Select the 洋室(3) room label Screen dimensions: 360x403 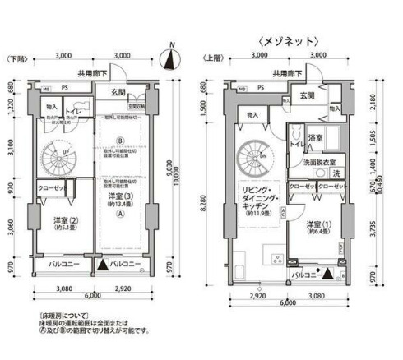120,198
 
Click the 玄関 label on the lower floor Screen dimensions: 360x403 118,93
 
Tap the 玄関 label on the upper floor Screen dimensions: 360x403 308,96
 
